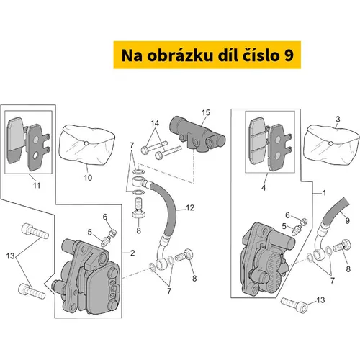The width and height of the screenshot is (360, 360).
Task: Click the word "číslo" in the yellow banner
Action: pos(256,55)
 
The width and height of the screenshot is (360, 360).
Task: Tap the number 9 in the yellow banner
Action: pos(288,55)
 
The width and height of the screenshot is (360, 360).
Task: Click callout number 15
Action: pos(206,112)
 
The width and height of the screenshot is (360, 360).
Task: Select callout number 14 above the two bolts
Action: pos(155,123)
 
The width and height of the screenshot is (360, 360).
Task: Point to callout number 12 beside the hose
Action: pos(190,207)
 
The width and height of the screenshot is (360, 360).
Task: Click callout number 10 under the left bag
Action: pos(88,178)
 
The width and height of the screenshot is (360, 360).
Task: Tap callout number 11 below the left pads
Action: pos(37,185)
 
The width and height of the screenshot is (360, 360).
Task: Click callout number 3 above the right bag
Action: pos(338,119)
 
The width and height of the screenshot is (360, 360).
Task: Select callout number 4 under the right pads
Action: pos(264,188)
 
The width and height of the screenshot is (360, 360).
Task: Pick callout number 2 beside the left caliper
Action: pos(132,253)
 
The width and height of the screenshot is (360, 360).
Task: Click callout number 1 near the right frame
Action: pos(324,193)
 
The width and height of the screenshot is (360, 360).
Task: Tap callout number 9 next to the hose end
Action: pos(347,220)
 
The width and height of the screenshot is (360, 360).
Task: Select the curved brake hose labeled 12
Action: pos(166,223)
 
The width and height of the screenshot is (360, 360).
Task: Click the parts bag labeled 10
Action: pos(87,145)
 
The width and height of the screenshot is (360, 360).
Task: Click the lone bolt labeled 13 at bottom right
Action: pos(294,305)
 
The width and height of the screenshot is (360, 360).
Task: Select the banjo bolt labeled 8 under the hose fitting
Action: pos(138,207)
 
